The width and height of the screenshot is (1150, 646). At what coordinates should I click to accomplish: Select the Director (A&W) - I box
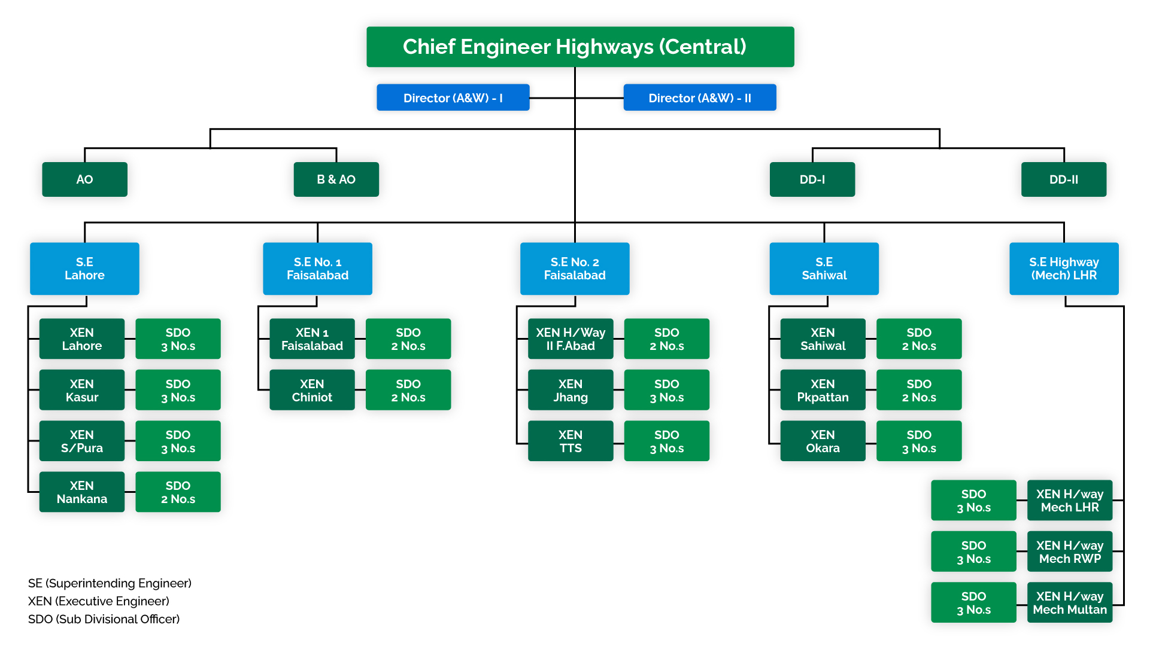coord(453,97)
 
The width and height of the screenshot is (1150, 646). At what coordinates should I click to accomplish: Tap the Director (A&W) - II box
coord(699,97)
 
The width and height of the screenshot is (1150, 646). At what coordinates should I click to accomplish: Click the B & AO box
coord(336,179)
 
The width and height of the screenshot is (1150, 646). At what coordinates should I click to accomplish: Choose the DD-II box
coord(1063,179)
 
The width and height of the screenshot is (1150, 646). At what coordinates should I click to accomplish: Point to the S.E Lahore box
coord(84,269)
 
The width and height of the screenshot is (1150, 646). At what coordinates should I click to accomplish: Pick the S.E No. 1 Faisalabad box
coord(317,269)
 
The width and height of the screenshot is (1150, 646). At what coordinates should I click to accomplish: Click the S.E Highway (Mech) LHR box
coord(1063,269)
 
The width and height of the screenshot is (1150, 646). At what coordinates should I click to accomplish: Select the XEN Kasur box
coord(82,390)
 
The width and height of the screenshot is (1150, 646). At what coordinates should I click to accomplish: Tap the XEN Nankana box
coord(82,492)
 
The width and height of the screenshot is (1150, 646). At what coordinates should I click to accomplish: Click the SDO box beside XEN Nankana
coord(178,492)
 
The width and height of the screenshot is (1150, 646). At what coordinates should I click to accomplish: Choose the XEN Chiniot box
coord(312,390)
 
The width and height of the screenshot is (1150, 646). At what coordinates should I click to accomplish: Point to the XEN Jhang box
coord(570,390)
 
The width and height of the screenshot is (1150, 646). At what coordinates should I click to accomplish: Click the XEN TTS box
coord(570,441)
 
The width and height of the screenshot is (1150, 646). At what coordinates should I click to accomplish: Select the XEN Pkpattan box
coord(823,390)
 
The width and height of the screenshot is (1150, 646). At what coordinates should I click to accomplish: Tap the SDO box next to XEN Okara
coord(918,441)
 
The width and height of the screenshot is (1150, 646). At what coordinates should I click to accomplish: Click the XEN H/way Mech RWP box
coord(1069,551)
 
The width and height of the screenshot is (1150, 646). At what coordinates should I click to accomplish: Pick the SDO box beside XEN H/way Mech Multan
coord(973,602)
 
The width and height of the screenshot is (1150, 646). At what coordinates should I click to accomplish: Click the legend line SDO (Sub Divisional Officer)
coord(104,619)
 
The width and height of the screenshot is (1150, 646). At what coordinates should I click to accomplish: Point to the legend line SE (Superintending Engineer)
coord(110,583)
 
